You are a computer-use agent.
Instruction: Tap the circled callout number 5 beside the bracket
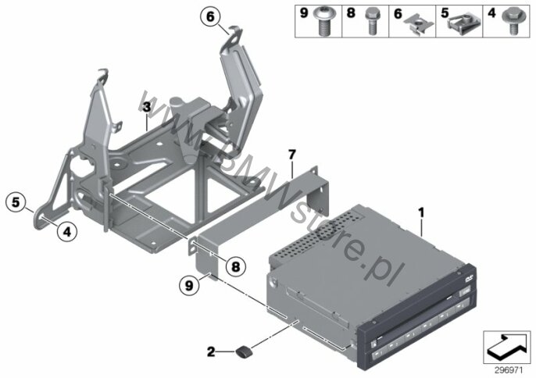click(x=15, y=201)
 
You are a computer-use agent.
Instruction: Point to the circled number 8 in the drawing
click(x=233, y=266)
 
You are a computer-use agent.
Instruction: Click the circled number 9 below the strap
click(x=188, y=286)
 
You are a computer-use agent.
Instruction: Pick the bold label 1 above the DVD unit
click(x=420, y=211)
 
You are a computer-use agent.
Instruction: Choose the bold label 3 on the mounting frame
click(x=145, y=105)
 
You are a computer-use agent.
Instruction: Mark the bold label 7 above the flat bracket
click(x=292, y=155)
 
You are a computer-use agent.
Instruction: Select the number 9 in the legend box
click(x=304, y=13)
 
